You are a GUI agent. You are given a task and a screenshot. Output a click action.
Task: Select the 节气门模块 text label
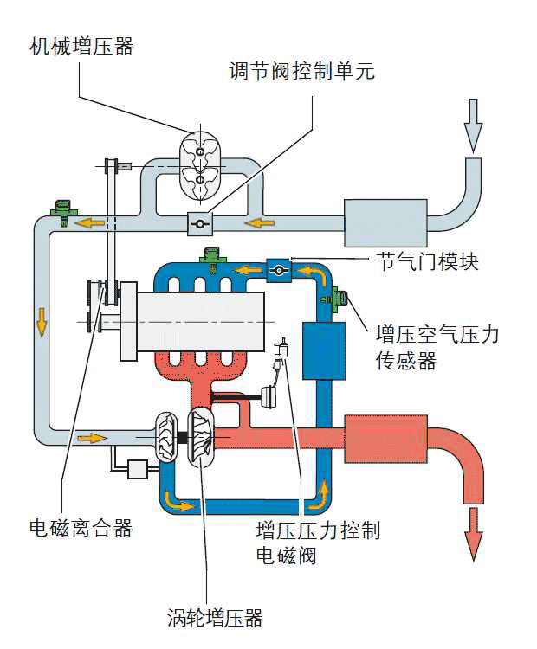pos(427,260)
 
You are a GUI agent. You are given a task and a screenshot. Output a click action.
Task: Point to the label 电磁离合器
pos(81,528)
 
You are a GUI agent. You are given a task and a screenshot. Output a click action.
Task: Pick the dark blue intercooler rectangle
pos(324,350)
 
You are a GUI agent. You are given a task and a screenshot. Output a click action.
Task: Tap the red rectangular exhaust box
pos(387,440)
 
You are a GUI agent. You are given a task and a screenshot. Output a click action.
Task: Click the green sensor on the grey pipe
pos(61,209)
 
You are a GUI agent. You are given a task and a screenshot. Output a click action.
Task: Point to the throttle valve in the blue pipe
pos(280,271)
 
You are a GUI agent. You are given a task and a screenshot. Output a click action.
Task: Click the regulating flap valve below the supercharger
pos(200,223)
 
